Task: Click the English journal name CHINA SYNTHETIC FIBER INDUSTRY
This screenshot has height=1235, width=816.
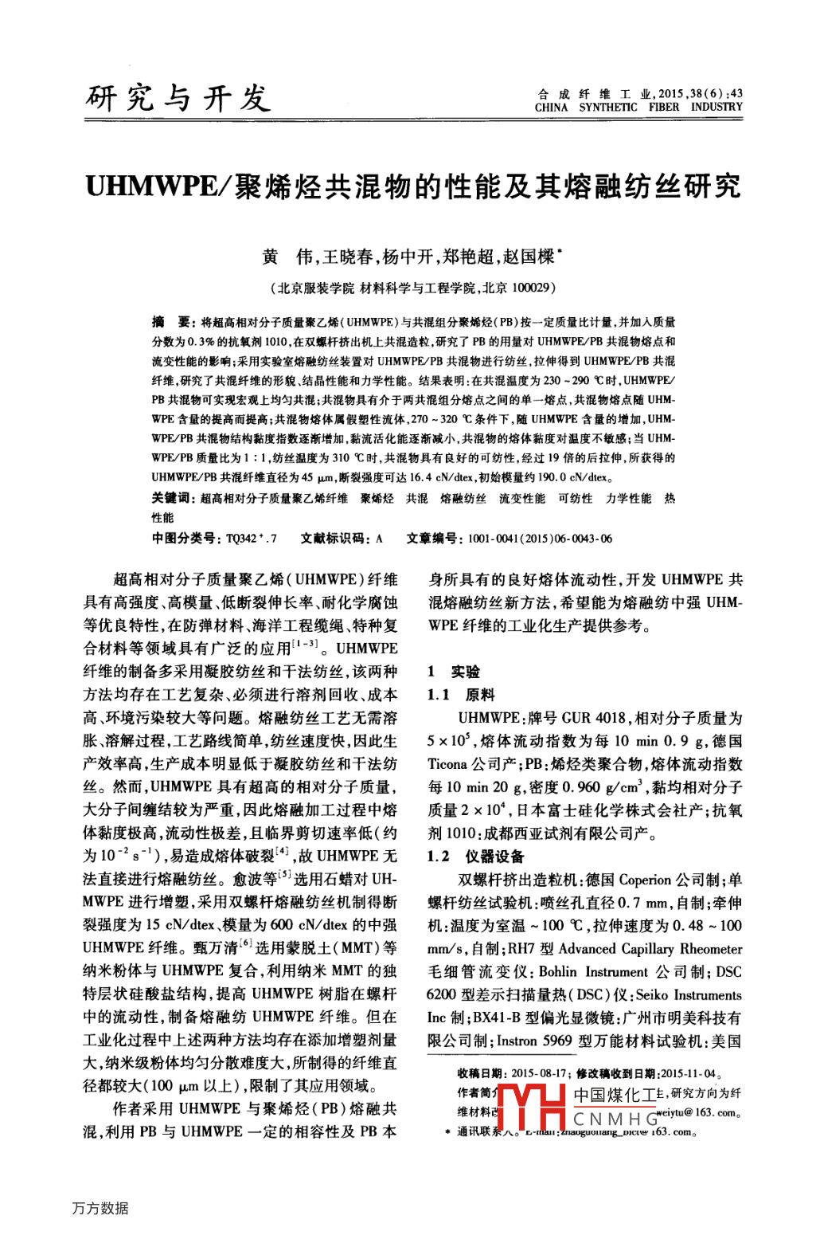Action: coord(638,107)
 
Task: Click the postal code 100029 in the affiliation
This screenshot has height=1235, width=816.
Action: coord(530,288)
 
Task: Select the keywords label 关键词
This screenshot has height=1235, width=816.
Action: coord(171,498)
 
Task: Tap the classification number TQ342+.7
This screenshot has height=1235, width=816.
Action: coord(252,539)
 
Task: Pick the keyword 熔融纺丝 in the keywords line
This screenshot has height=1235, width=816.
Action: coord(463,498)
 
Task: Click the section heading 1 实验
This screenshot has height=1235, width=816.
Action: coord(454,672)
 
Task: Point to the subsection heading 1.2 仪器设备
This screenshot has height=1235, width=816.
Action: coord(475,857)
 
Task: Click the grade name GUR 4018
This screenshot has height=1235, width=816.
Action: coord(593,718)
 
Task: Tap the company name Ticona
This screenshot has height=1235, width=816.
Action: coord(447,764)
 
